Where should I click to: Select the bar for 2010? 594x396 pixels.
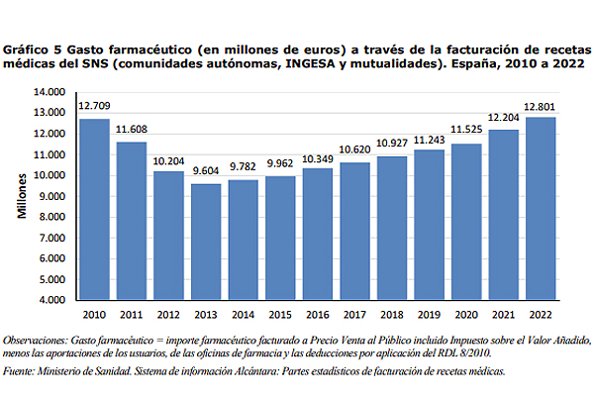coord(94,208)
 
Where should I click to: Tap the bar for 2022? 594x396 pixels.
coord(541,207)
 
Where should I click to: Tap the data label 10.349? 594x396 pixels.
coord(318,159)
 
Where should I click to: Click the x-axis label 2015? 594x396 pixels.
coord(280,315)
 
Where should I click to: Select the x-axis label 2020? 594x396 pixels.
coord(466,315)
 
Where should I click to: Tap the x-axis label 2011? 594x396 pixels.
coord(132,315)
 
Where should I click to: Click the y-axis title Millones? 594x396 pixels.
coord(21,196)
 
